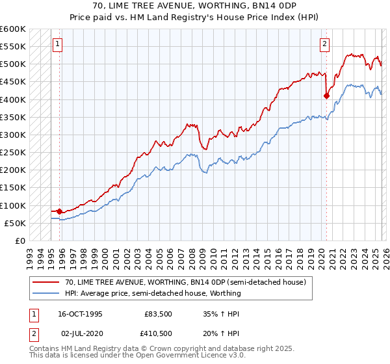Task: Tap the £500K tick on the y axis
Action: [x=13, y=64]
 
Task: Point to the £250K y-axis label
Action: [x=13, y=153]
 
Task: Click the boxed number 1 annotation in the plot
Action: [x=58, y=44]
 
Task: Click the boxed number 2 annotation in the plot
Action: [x=324, y=44]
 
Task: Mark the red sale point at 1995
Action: [x=60, y=211]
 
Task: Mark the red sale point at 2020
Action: [x=326, y=96]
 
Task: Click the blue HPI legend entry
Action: [x=153, y=293]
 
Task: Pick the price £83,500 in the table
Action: [x=157, y=313]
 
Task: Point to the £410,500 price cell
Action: [x=157, y=333]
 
